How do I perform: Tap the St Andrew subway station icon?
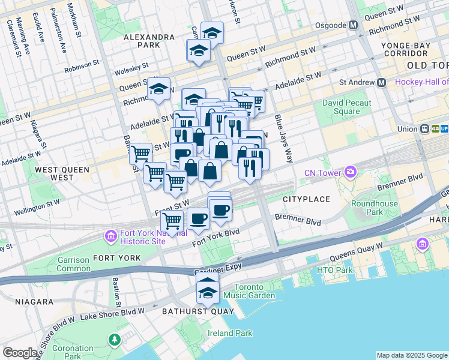click(381, 82)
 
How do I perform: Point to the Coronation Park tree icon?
click(114, 340)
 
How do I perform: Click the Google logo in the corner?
click(20, 353)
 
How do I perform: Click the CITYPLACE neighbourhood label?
click(306, 199)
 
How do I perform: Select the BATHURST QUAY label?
click(188, 311)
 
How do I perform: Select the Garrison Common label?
click(73, 264)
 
